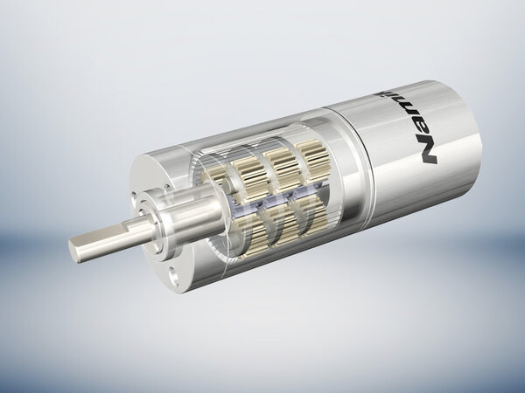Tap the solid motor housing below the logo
[x=411, y=192]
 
